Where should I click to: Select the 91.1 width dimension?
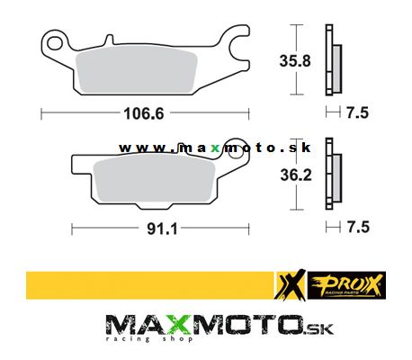(160, 228)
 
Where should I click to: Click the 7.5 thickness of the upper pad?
(357, 113)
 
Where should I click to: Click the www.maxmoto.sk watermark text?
(206, 148)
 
